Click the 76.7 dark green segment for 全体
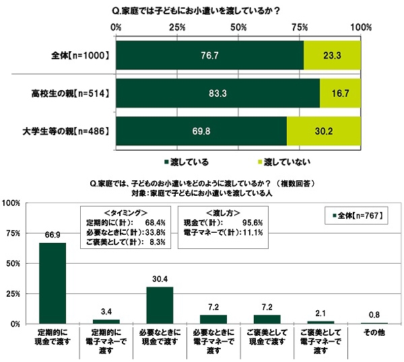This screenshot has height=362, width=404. pos(209,55)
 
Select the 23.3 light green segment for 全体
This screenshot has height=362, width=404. pos(332,55)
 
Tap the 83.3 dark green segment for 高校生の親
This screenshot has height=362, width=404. pos(217,92)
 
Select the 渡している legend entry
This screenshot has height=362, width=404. pos(191,162)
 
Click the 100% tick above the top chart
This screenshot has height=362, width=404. pos(361,28)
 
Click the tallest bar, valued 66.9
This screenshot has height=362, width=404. pos(53,283)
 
